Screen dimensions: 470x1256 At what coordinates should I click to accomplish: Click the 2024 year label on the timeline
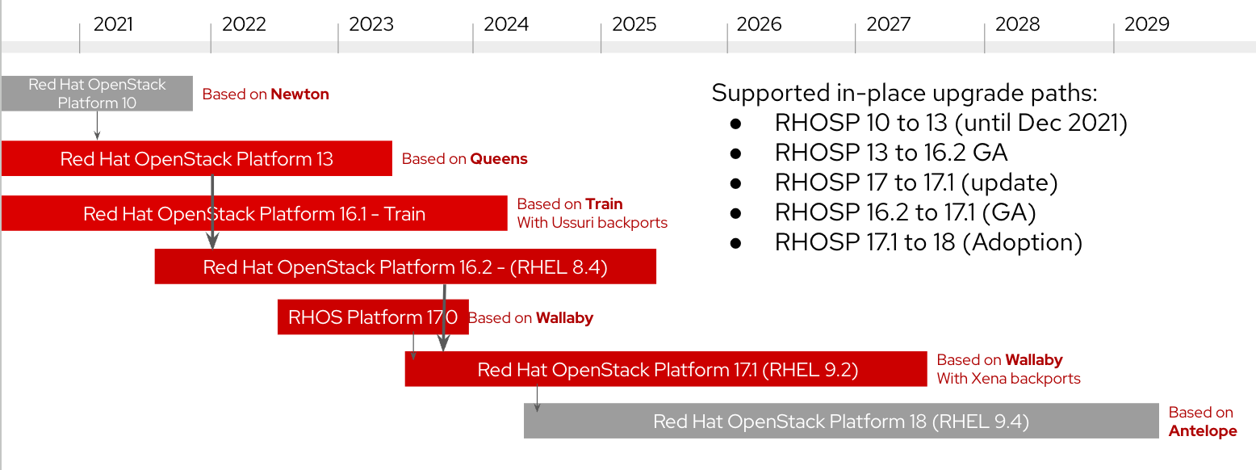(x=506, y=24)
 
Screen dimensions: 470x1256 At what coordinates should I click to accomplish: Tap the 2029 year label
(x=1146, y=24)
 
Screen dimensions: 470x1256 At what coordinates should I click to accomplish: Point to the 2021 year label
(x=113, y=24)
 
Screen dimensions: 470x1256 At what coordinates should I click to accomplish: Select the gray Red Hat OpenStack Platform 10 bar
(x=97, y=94)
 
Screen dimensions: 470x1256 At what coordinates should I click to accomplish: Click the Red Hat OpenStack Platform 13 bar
(x=196, y=158)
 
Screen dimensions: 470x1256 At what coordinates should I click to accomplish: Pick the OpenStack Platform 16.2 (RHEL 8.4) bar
(x=404, y=266)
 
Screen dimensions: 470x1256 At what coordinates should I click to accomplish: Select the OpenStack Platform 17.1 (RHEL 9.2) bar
(x=667, y=370)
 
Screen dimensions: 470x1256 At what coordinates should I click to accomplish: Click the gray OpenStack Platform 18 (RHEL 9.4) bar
(x=840, y=422)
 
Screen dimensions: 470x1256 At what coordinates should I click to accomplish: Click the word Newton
(x=299, y=94)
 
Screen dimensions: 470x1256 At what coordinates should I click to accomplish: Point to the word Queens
(x=499, y=159)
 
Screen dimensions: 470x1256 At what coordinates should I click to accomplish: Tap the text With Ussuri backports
(x=592, y=223)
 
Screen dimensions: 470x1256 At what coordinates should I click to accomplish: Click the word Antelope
(x=1202, y=431)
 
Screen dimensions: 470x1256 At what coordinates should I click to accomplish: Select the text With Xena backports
(x=1007, y=378)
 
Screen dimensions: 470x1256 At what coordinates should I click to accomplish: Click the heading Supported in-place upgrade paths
(x=904, y=93)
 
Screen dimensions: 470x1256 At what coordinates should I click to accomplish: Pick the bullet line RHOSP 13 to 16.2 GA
(x=890, y=153)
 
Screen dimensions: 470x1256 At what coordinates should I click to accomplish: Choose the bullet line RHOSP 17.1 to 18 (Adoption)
(x=927, y=242)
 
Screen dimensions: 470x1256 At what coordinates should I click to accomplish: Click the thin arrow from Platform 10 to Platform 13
(x=97, y=125)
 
